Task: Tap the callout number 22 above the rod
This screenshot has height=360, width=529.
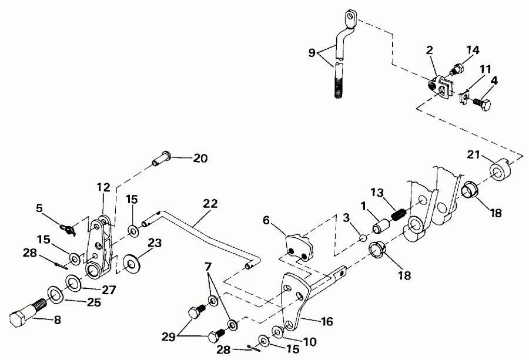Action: tap(210, 204)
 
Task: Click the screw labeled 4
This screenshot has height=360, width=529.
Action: tap(483, 103)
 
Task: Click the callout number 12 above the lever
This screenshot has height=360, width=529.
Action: tap(103, 187)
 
